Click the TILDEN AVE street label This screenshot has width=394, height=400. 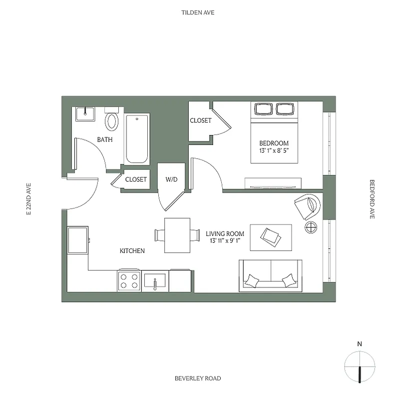pyautogui.click(x=198, y=12)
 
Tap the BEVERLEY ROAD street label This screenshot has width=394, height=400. pyautogui.click(x=198, y=378)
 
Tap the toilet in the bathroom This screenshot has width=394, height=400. pyautogui.click(x=112, y=121)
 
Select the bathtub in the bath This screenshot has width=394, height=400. pyautogui.click(x=137, y=139)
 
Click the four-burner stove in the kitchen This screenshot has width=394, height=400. pyautogui.click(x=128, y=280)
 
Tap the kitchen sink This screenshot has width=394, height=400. pyautogui.click(x=155, y=280)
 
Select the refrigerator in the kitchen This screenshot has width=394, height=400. pyautogui.click(x=78, y=240)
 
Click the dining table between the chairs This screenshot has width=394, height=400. pyautogui.click(x=177, y=235)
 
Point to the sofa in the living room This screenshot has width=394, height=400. pyautogui.click(x=270, y=275)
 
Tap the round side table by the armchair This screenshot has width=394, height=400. pyautogui.click(x=311, y=227)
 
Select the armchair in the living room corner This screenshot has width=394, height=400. pyautogui.click(x=306, y=206)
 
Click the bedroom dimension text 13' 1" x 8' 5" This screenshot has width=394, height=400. pyautogui.click(x=274, y=150)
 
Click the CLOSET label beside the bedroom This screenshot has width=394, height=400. pyautogui.click(x=200, y=120)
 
